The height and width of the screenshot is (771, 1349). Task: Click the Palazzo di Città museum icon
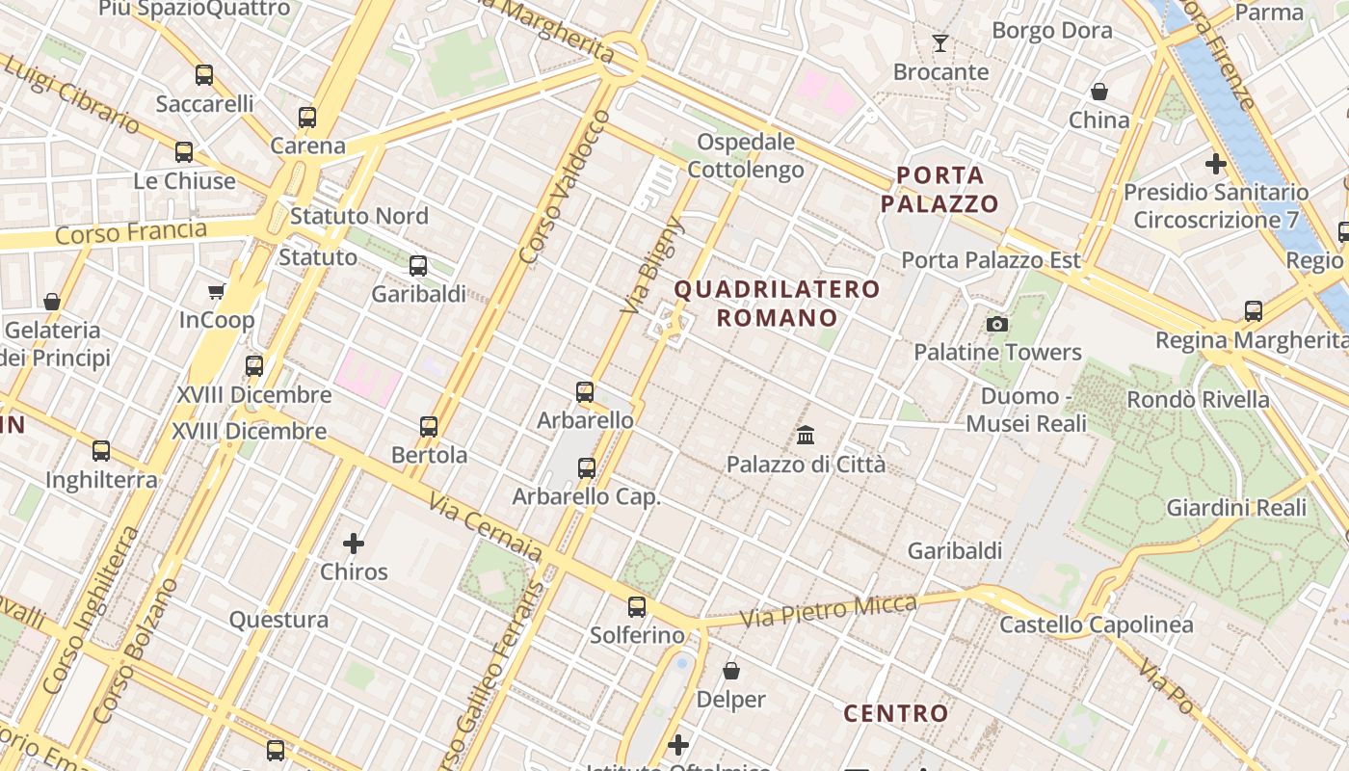[x=806, y=436]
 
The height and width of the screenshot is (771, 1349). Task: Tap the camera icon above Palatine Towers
[x=997, y=324]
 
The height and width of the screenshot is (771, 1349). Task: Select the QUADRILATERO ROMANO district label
[x=777, y=304]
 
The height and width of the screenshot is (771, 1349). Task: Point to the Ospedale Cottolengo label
[x=746, y=156]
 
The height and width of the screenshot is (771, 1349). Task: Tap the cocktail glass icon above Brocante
[x=940, y=43]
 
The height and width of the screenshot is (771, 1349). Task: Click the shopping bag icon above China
[x=1099, y=92]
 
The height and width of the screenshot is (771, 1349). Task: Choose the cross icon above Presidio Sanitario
[x=1216, y=163]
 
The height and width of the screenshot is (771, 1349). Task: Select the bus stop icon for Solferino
[x=637, y=607]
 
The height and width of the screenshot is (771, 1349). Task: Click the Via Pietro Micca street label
[x=829, y=610]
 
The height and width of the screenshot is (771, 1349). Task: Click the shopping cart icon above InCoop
[x=217, y=291]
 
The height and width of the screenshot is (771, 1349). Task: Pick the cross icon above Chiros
[x=354, y=544]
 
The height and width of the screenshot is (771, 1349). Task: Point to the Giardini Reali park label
[x=1236, y=508]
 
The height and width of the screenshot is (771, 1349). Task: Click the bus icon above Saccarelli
[x=204, y=75]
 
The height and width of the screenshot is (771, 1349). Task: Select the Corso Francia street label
[x=131, y=232]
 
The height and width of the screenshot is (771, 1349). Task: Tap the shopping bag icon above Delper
[x=731, y=671]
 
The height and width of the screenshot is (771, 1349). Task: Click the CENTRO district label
[x=896, y=714]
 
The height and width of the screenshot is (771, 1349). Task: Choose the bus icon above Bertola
[x=429, y=426]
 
